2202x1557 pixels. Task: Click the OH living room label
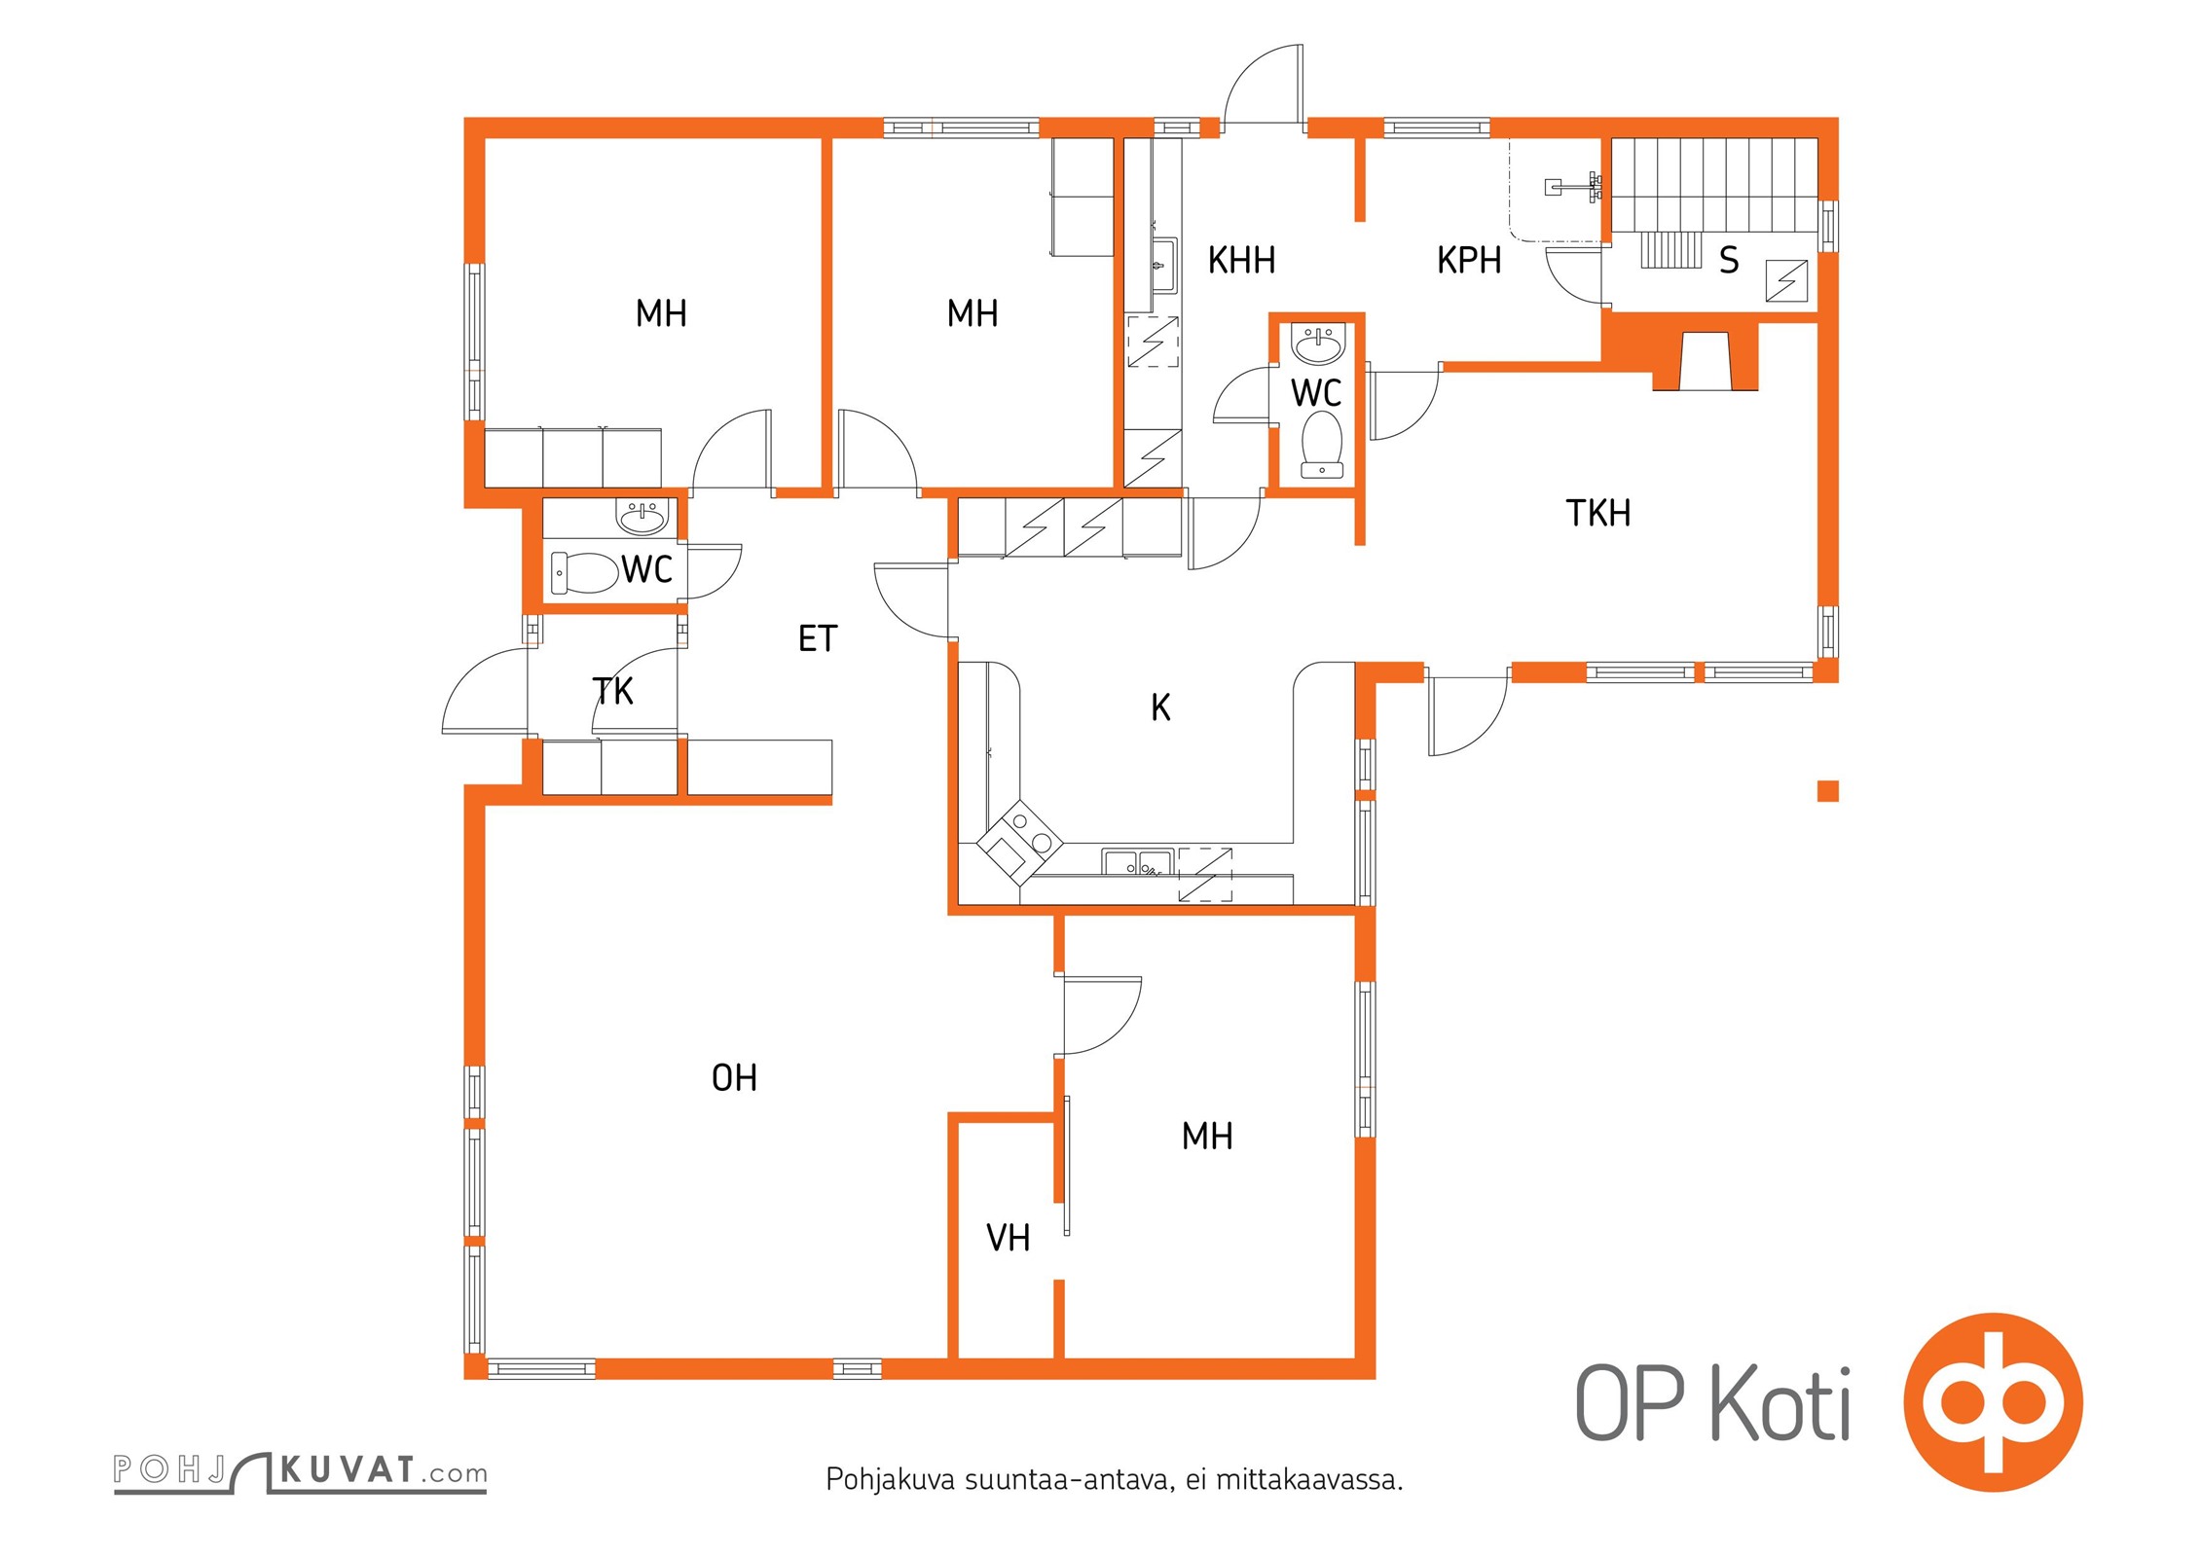coord(734,1077)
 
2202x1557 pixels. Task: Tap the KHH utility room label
coord(1241,261)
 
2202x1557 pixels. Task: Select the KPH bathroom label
coord(1469,261)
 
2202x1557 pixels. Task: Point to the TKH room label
coord(1598,513)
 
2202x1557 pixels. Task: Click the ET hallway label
coord(818,638)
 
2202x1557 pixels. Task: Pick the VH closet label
coord(1009,1238)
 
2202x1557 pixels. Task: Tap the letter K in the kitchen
coord(1160,707)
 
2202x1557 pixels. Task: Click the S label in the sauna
coord(1729,260)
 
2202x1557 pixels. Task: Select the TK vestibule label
coord(612,691)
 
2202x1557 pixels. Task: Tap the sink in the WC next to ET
coord(642,518)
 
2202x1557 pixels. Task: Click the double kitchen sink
coord(1138,862)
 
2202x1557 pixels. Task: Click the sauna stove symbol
coord(1787,281)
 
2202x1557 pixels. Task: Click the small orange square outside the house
coord(1828,791)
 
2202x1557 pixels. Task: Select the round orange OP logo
coord(1993,1402)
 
